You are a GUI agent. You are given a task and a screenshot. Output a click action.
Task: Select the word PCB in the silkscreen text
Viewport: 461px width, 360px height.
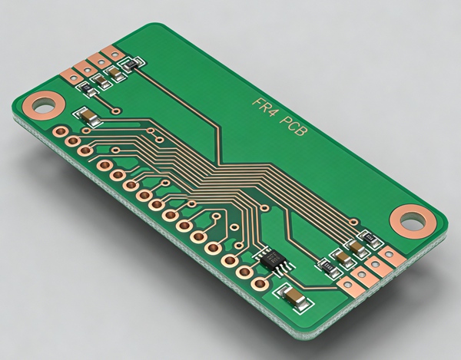[x=296, y=127]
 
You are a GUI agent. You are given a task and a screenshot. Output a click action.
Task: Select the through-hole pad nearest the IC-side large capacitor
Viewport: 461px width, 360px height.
[x=261, y=282]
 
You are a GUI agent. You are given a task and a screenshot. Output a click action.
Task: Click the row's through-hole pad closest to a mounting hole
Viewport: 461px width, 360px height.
[x=58, y=130]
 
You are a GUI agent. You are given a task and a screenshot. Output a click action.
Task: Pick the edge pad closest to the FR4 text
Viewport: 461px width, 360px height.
[x=113, y=54]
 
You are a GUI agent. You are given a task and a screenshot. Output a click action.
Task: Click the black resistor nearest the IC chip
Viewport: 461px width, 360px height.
[x=327, y=266]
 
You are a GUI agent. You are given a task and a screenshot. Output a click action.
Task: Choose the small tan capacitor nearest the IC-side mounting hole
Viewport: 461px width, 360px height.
[x=357, y=247]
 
